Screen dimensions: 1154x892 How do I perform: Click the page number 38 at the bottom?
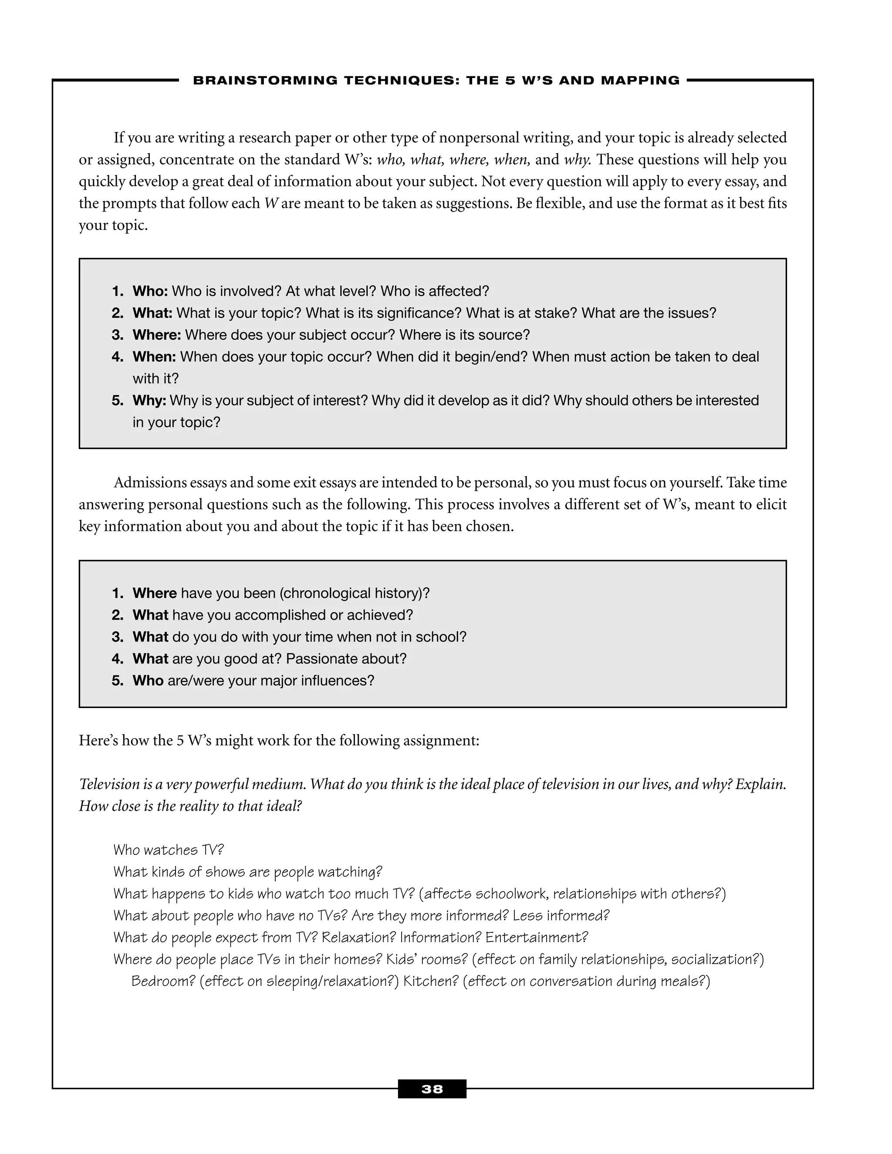pos(432,1089)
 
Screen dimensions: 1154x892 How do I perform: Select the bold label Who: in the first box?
pos(150,291)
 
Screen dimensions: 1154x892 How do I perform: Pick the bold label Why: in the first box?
pos(149,401)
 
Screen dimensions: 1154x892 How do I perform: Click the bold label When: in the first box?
pos(154,357)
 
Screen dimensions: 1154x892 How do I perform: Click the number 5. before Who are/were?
pos(117,681)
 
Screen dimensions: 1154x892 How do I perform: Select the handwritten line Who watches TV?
pos(169,850)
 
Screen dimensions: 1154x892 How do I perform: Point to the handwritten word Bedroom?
pos(163,981)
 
